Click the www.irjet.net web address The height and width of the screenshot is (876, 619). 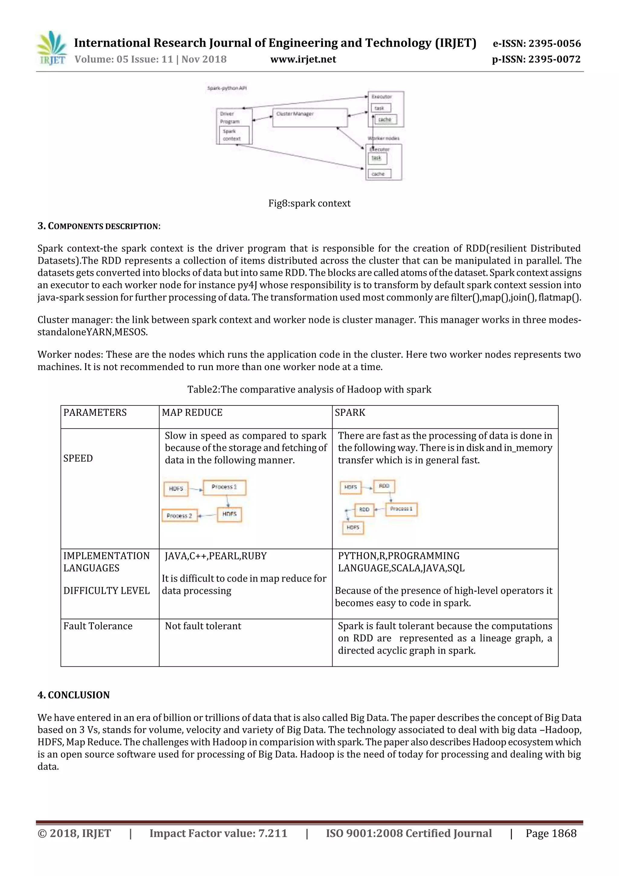pyautogui.click(x=303, y=60)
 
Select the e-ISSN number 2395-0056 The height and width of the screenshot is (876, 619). pyautogui.click(x=536, y=44)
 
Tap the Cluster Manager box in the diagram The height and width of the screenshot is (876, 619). pyautogui.click(x=310, y=118)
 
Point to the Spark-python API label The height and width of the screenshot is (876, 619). pyautogui.click(x=227, y=88)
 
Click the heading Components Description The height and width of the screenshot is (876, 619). pyautogui.click(x=99, y=226)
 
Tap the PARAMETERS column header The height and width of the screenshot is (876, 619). pyautogui.click(x=95, y=412)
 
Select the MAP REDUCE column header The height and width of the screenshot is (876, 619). pyautogui.click(x=192, y=412)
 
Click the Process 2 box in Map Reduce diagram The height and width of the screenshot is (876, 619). pyautogui.click(x=179, y=516)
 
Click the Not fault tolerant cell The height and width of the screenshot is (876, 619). pyautogui.click(x=203, y=626)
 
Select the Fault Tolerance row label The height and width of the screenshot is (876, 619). pyautogui.click(x=98, y=626)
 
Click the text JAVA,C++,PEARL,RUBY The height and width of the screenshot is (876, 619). pyautogui.click(x=216, y=556)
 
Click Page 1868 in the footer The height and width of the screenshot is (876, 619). pyautogui.click(x=551, y=833)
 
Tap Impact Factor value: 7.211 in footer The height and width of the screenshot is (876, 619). pyautogui.click(x=218, y=833)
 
